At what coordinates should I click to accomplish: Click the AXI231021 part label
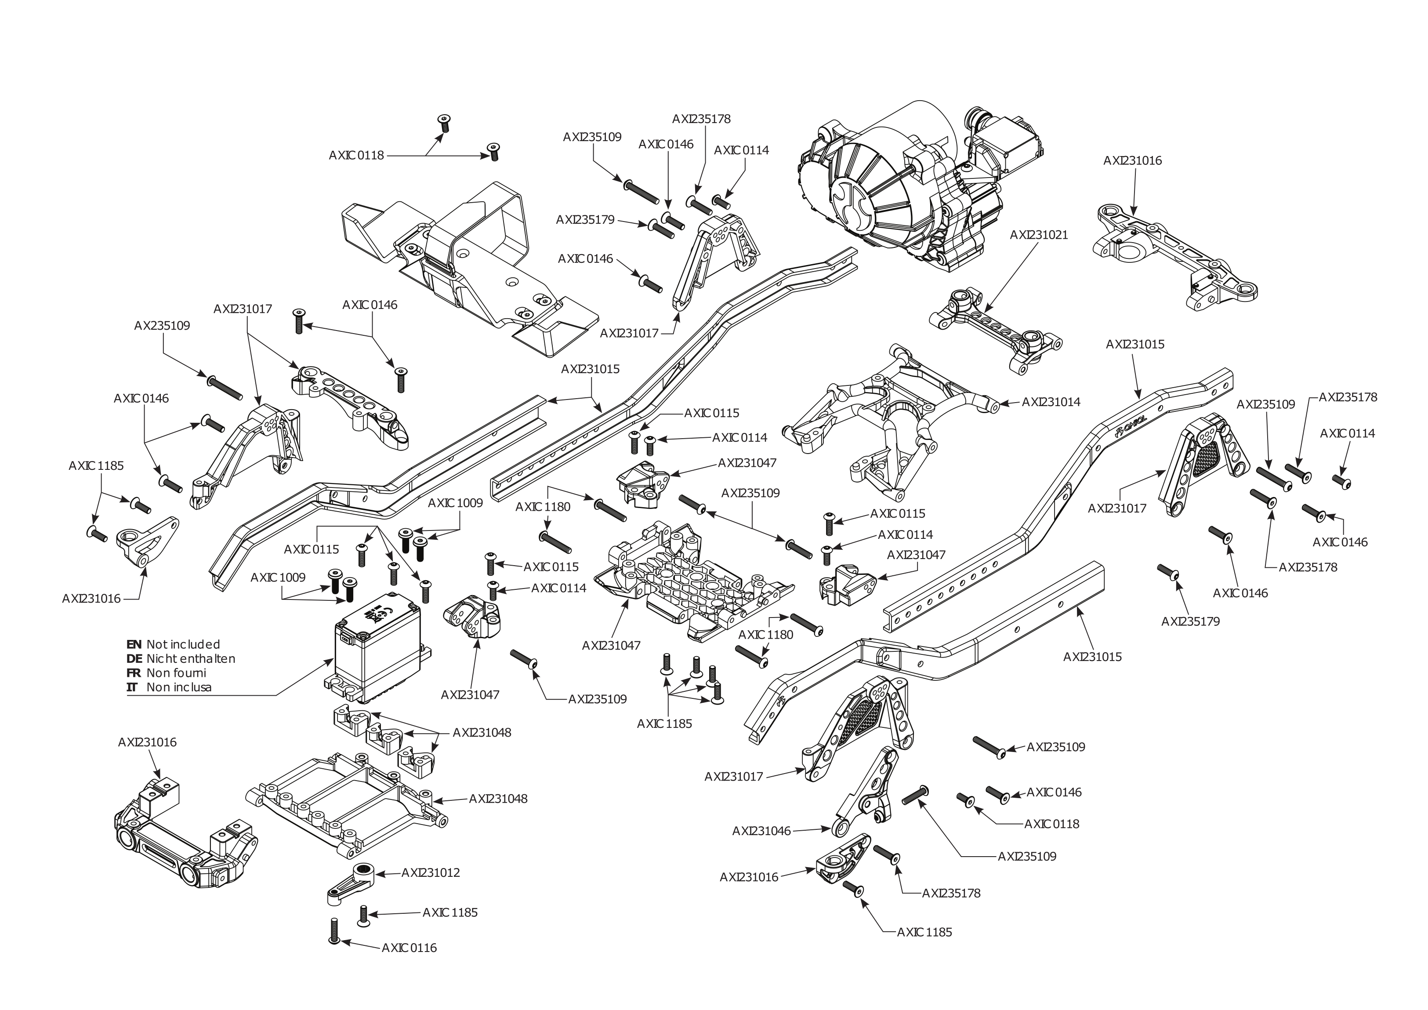tap(1039, 235)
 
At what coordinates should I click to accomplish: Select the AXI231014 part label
tap(1051, 402)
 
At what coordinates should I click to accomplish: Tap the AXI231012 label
tap(431, 872)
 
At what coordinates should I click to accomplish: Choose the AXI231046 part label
tap(761, 831)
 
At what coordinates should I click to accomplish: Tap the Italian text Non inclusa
tap(179, 687)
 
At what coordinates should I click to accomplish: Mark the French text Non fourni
tap(176, 673)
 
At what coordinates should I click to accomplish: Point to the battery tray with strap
tap(473, 262)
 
